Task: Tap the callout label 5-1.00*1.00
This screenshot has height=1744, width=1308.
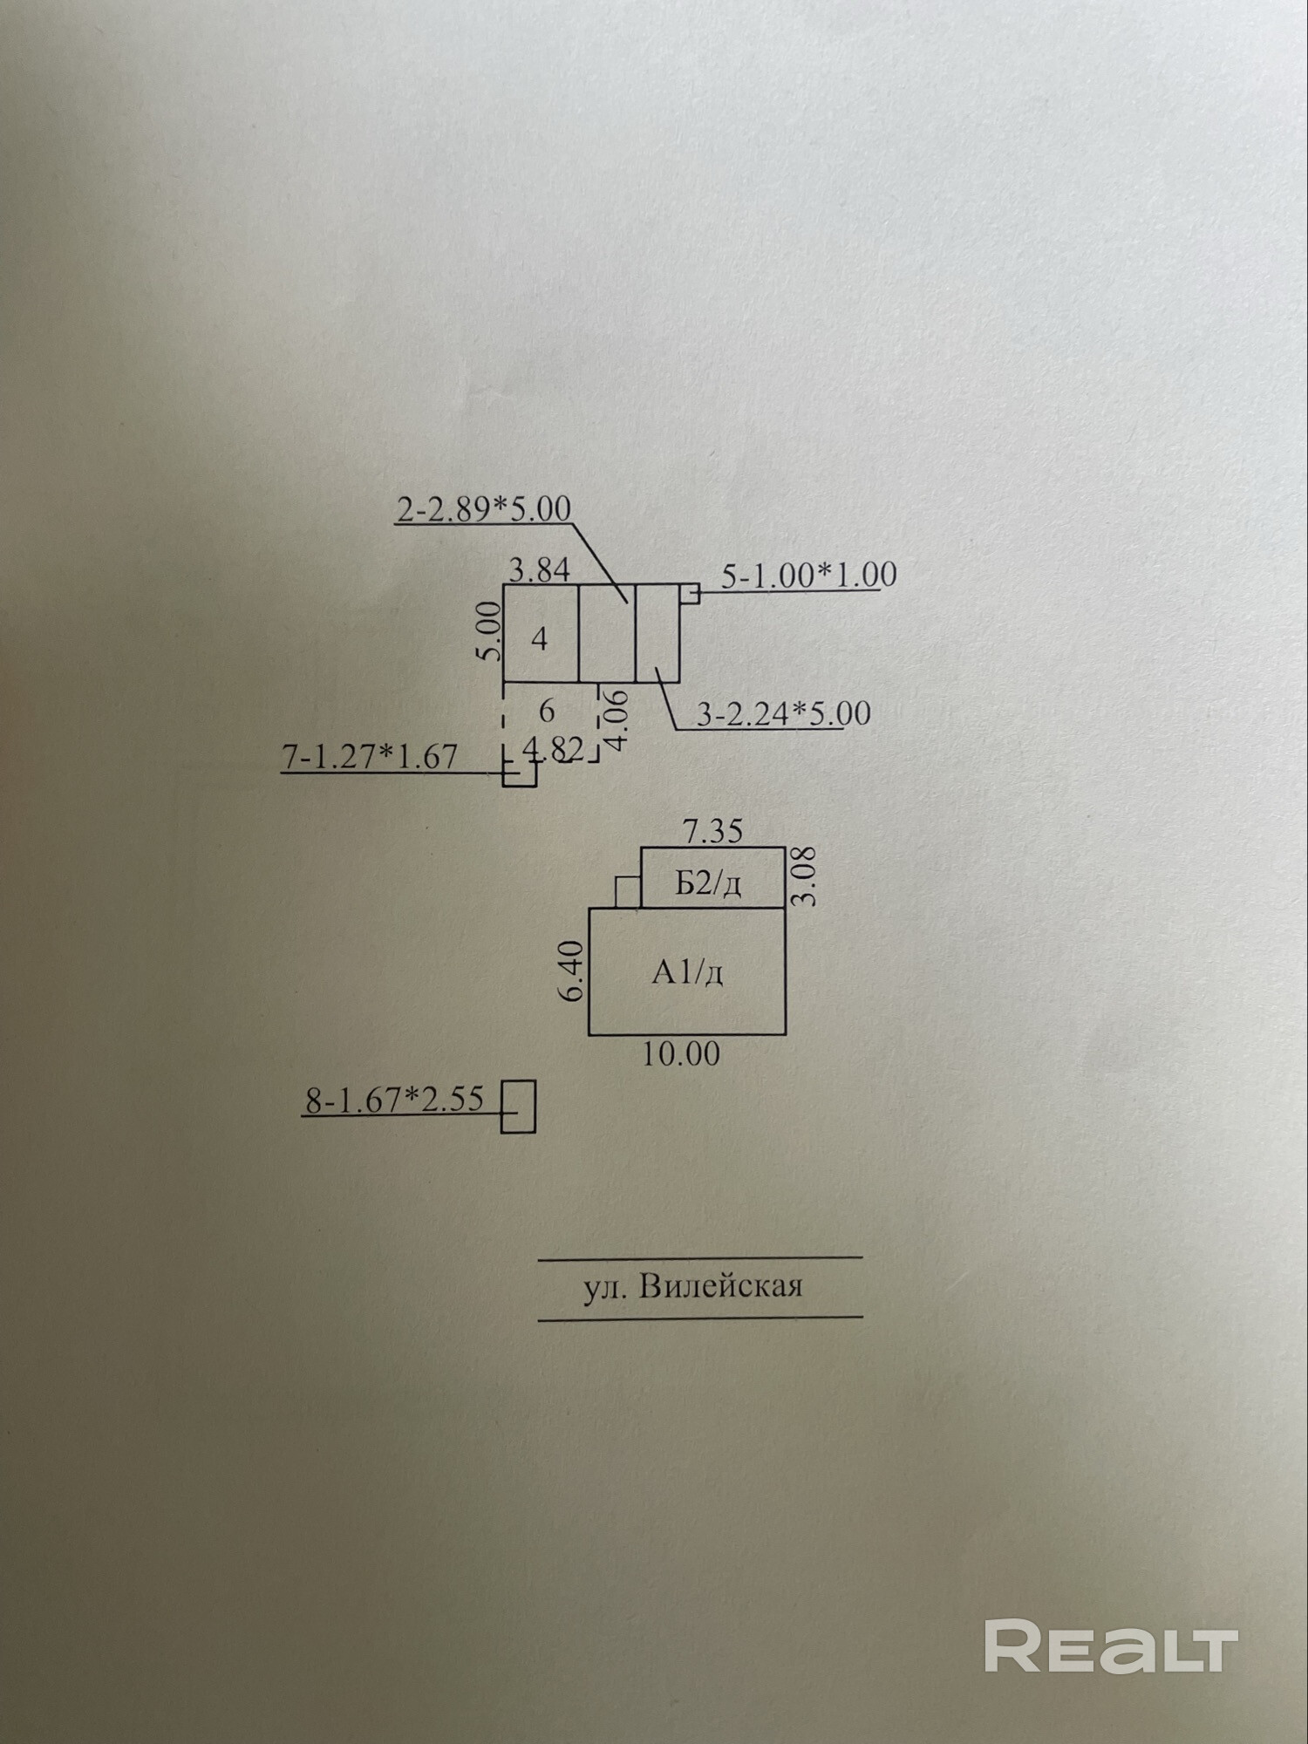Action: click(x=808, y=576)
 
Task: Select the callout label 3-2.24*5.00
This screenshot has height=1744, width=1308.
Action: click(x=783, y=713)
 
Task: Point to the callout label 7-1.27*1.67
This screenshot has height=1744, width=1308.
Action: click(x=370, y=756)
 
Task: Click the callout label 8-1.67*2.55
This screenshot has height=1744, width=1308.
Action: click(x=394, y=1099)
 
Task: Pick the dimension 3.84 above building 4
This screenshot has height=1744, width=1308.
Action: click(x=540, y=570)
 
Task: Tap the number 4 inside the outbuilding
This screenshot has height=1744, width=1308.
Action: click(x=540, y=639)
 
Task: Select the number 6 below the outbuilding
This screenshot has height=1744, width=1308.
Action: click(x=547, y=712)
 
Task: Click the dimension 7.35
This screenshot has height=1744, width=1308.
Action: click(x=712, y=832)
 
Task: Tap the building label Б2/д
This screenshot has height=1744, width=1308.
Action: click(x=708, y=884)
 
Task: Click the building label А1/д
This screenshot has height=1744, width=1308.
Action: click(x=687, y=972)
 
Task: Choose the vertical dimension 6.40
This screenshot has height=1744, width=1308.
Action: click(x=573, y=971)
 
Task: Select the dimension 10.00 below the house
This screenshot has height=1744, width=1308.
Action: click(x=682, y=1054)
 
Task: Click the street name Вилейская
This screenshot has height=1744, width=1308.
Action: click(x=720, y=1287)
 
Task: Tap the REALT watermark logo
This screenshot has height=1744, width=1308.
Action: click(x=1111, y=1646)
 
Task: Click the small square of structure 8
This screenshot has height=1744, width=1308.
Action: click(x=518, y=1107)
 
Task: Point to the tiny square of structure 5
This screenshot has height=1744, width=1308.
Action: click(x=691, y=594)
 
